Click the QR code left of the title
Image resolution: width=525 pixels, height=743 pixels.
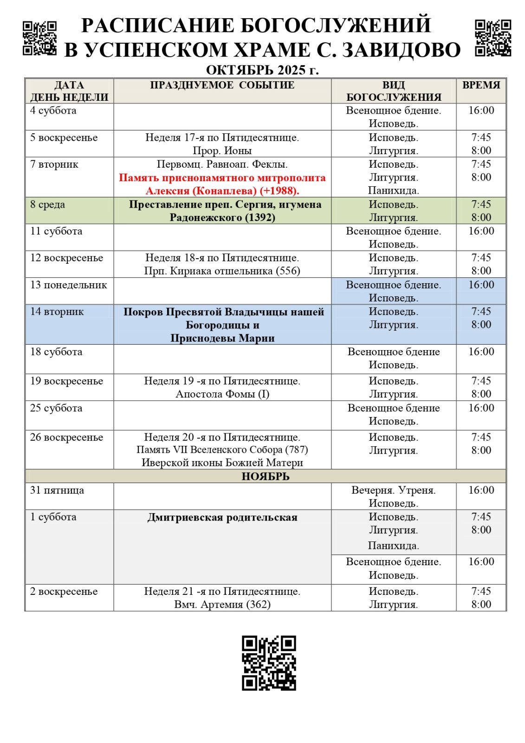point(39,38)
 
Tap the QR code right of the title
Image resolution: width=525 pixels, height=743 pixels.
point(493,38)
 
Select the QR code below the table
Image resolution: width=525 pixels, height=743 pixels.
point(269,663)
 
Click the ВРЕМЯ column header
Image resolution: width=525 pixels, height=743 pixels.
point(481,85)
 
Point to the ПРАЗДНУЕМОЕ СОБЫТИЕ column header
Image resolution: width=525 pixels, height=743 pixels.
point(222,85)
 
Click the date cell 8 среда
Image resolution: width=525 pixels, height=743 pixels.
point(47,205)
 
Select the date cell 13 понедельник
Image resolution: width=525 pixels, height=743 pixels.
point(68,285)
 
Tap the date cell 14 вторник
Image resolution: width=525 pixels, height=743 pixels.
point(57,312)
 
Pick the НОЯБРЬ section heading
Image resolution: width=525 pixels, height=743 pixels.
point(265,476)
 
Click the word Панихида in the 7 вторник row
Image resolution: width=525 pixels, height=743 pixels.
point(393,190)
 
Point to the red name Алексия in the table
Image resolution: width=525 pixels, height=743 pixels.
point(167,191)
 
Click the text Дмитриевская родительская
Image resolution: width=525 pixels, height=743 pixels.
point(222,517)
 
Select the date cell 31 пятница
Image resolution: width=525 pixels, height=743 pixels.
point(57,490)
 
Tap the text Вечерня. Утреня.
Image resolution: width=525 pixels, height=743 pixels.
point(393,490)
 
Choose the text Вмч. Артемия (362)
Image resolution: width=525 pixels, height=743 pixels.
point(222,605)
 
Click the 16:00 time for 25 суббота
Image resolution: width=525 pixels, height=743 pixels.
point(481,408)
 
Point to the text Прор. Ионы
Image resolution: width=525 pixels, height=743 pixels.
point(222,151)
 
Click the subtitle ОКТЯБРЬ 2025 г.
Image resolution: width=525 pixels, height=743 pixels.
point(262,70)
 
